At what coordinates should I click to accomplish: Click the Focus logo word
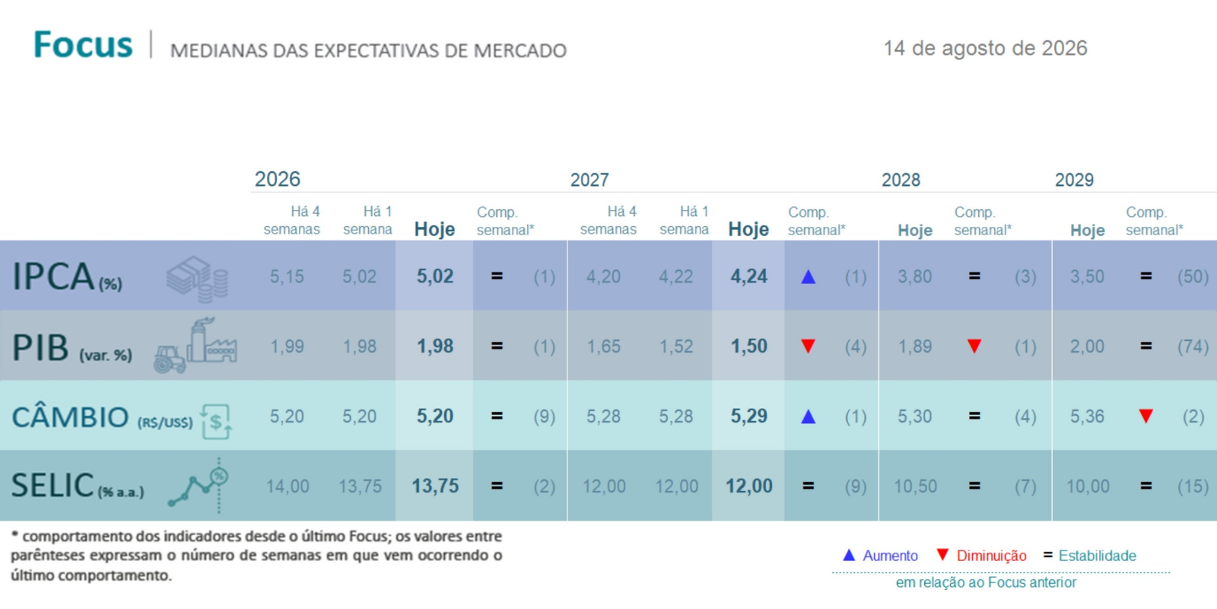tap(83, 45)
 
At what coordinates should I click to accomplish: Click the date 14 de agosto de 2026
tap(986, 49)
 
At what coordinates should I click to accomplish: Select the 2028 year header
tap(901, 180)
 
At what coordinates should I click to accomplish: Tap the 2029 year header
tap(1074, 180)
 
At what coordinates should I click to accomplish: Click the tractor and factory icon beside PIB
tap(195, 346)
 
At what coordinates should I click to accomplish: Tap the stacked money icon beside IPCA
tap(197, 279)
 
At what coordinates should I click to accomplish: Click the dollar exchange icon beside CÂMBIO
tap(216, 421)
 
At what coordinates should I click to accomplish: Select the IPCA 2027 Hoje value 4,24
tap(748, 277)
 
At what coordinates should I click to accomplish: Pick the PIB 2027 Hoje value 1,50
tap(748, 346)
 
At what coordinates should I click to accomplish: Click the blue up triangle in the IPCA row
tap(809, 277)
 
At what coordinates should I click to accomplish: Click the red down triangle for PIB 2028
tap(974, 346)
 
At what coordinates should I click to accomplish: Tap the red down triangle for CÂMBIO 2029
tap(1146, 416)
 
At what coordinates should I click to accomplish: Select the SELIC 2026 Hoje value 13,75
tap(435, 486)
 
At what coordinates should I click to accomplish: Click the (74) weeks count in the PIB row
tap(1193, 346)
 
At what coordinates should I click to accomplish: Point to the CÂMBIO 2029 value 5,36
tap(1087, 416)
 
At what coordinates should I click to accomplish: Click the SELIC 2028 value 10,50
tap(916, 486)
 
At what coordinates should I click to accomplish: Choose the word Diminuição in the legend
tap(992, 556)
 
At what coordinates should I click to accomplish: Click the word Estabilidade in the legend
tap(1098, 556)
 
